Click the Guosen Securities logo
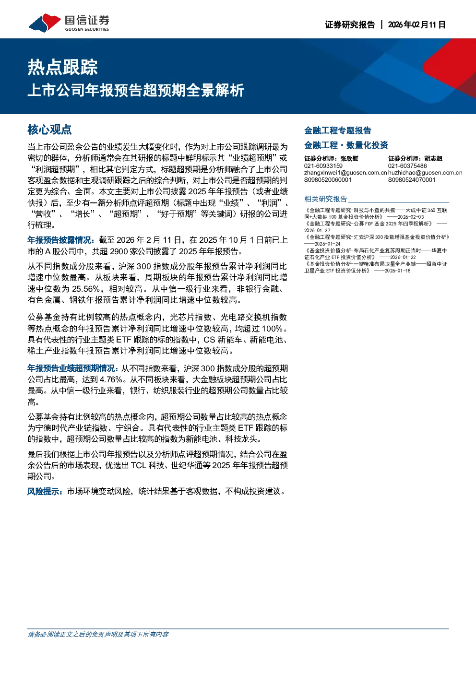pyautogui.click(x=69, y=23)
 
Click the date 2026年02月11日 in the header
pyautogui.click(x=416, y=24)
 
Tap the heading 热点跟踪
pyautogui.click(x=62, y=67)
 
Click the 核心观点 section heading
pyautogui.click(x=49, y=130)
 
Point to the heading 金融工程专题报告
pyautogui.click(x=338, y=130)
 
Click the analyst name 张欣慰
pyautogui.click(x=349, y=158)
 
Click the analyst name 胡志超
pyautogui.click(x=433, y=158)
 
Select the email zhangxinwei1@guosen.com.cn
pyautogui.click(x=345, y=173)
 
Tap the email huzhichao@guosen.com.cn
pyautogui.click(x=425, y=173)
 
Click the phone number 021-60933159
pyautogui.click(x=323, y=166)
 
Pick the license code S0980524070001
pyautogui.click(x=412, y=180)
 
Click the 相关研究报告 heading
pyautogui.click(x=326, y=199)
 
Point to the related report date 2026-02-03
pyautogui.click(x=410, y=217)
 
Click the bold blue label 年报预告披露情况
pyautogui.click(x=61, y=240)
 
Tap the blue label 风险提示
pyautogui.click(x=45, y=492)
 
